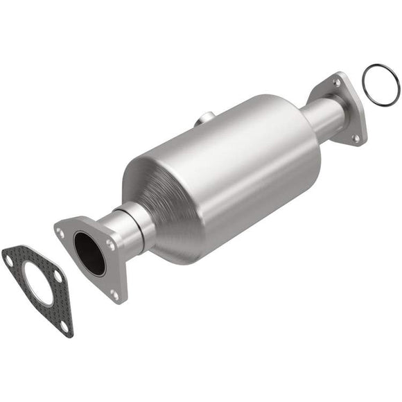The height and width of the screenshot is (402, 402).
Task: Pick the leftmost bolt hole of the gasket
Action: coord(9,261)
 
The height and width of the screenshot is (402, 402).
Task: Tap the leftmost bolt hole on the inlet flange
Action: coord(62,234)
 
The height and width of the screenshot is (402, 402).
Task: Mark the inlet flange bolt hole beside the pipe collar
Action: coord(109,244)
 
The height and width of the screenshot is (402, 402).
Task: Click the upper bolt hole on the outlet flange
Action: coord(338,82)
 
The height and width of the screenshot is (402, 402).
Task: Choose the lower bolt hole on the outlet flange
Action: coord(356,137)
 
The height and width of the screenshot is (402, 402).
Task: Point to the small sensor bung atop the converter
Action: coord(202,120)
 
